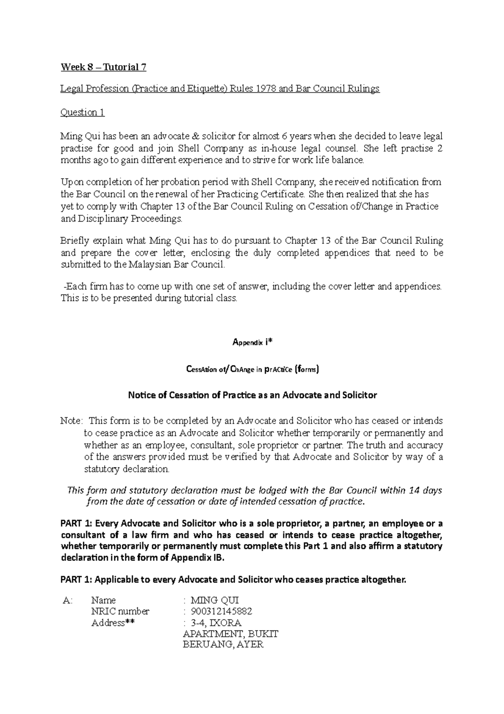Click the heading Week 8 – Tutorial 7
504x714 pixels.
point(103,67)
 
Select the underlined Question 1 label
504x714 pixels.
point(82,112)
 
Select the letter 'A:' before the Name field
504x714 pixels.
point(67,600)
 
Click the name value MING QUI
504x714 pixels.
point(214,600)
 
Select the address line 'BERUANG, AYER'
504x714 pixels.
point(223,645)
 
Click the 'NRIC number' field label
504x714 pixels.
point(120,611)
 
